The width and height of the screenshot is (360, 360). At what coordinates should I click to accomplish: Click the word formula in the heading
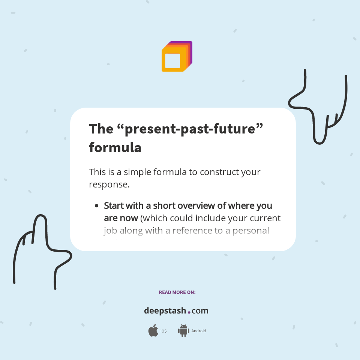pyautogui.click(x=115, y=147)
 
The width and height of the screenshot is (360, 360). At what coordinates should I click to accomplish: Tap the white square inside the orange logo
pyautogui.click(x=172, y=61)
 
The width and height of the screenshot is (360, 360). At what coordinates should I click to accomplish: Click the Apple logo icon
pyautogui.click(x=153, y=331)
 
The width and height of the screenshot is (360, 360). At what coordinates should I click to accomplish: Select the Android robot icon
pyautogui.click(x=183, y=331)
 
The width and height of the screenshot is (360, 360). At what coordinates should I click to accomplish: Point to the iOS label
pyautogui.click(x=163, y=331)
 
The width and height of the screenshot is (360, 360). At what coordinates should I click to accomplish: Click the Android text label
pyautogui.click(x=199, y=331)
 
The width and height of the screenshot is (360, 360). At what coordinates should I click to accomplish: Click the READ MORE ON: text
pyautogui.click(x=177, y=292)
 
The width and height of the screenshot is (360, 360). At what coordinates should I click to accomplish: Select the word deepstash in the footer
pyautogui.click(x=165, y=311)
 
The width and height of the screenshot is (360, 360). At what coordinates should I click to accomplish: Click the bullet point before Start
pyautogui.click(x=96, y=206)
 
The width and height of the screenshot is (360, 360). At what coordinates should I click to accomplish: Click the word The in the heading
pyautogui.click(x=101, y=129)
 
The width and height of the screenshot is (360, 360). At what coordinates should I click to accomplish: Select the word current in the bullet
pyautogui.click(x=265, y=218)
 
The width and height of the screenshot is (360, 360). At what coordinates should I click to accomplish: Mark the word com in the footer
pyautogui.click(x=200, y=311)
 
